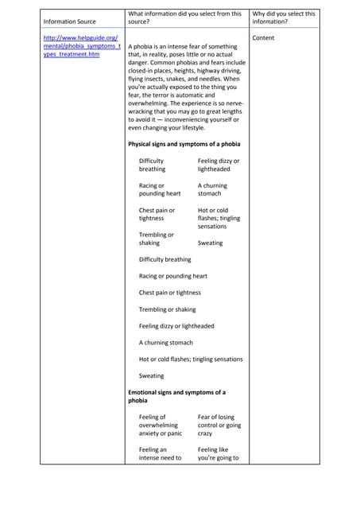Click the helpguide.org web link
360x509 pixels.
(x=82, y=45)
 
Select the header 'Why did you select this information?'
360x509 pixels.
(x=284, y=17)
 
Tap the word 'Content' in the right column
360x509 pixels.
(x=262, y=37)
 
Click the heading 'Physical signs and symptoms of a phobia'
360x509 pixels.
(x=184, y=144)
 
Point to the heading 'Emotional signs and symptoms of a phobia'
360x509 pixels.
(x=176, y=396)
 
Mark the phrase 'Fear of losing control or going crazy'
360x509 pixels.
(x=219, y=425)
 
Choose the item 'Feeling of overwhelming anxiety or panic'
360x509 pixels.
(x=161, y=425)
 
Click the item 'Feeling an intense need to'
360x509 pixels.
(x=160, y=453)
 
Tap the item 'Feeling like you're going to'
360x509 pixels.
(x=218, y=453)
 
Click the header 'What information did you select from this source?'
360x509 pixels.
(x=184, y=17)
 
